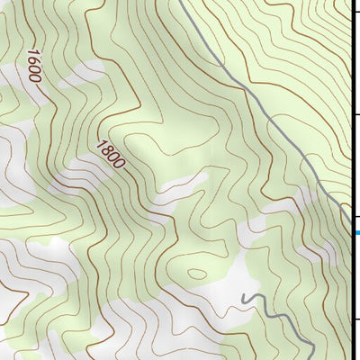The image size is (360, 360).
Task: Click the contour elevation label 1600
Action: click(34, 66)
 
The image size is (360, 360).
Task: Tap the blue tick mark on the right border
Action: click(355, 232)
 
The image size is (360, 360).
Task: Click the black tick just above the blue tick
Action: click(355, 219)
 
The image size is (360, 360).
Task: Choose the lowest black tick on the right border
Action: click(355, 319)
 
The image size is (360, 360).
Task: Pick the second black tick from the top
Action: click(355, 115)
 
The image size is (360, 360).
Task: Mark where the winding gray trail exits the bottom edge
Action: click(310, 358)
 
